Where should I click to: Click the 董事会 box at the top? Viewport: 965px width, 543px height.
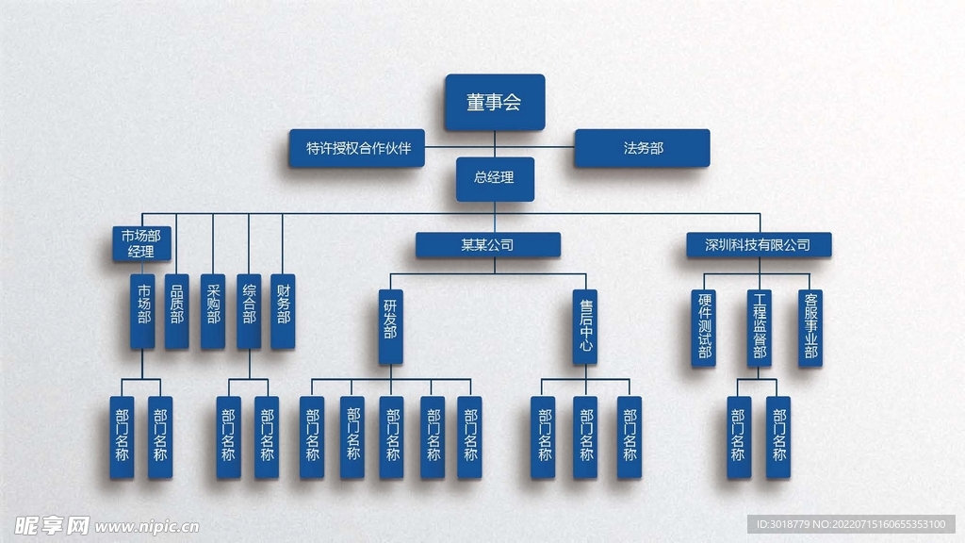click(494, 102)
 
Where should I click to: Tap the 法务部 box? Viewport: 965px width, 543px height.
click(642, 148)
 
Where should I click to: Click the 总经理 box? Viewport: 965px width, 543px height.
click(495, 178)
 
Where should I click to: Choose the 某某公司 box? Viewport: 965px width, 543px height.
click(487, 245)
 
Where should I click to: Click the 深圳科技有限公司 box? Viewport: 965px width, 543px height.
click(759, 245)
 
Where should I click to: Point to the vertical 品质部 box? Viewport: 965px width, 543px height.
click(177, 311)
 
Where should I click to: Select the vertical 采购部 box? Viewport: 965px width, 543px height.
click(213, 311)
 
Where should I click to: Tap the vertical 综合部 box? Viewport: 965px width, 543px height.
click(249, 311)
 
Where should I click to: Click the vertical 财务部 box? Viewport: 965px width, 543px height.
click(283, 311)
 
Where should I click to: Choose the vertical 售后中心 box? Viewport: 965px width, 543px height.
click(585, 326)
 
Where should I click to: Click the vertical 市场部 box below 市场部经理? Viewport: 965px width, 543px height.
click(143, 311)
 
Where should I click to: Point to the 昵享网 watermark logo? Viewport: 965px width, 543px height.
click(45, 524)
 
